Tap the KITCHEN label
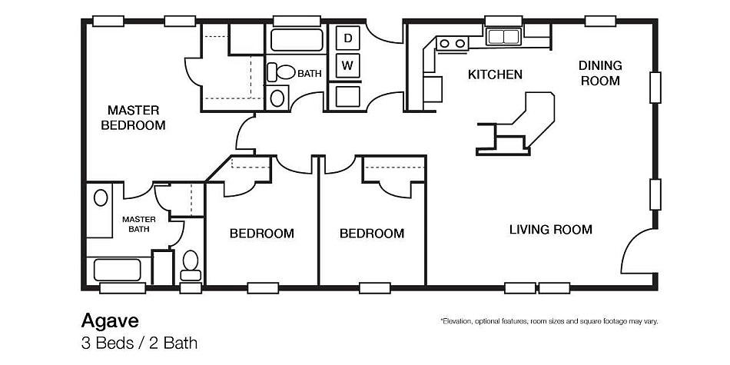(495, 75)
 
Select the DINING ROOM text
(600, 73)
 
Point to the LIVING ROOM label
(550, 229)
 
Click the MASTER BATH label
(139, 224)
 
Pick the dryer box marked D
(348, 38)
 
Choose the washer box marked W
(348, 65)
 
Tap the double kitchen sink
(503, 35)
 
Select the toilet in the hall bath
(283, 73)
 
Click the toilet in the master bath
(191, 264)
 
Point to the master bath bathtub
(117, 270)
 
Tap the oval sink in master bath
(101, 198)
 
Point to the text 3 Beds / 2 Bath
(139, 343)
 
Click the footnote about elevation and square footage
(548, 320)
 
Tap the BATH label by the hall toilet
(310, 74)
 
